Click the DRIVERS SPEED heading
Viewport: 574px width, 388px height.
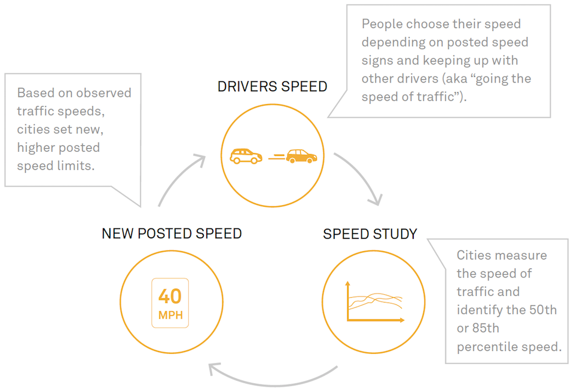tap(272, 87)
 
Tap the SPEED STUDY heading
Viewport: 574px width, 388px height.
tap(370, 234)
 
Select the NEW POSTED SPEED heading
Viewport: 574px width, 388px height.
tap(172, 234)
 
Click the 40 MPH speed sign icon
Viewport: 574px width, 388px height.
tap(170, 303)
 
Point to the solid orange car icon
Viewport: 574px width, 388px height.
tap(301, 156)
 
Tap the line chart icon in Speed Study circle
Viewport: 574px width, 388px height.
tap(374, 303)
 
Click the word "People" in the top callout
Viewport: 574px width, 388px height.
tap(381, 25)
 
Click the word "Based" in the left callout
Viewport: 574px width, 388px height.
tap(35, 93)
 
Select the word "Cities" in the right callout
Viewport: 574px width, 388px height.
tap(475, 255)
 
